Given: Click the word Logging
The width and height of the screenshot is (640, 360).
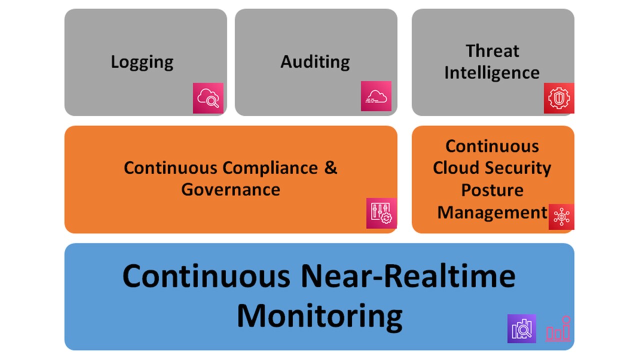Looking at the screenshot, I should tap(142, 62).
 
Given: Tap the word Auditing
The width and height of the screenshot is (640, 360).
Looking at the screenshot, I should tap(315, 62).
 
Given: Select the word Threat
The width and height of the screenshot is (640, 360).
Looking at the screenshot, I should tap(492, 51).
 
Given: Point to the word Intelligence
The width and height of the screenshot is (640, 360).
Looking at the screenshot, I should tap(492, 73).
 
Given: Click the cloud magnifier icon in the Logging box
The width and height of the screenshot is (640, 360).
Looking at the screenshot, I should tap(208, 98).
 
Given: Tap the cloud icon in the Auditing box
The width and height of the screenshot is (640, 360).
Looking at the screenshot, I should tap(376, 96).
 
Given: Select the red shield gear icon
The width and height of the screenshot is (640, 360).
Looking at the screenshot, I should tap(559, 98).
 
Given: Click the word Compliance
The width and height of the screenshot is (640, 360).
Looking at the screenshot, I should tap(270, 167).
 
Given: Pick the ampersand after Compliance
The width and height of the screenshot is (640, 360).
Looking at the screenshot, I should tap(330, 167).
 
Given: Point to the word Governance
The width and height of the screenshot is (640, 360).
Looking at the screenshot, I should tap(230, 189).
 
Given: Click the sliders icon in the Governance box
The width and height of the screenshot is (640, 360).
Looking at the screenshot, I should tap(381, 213).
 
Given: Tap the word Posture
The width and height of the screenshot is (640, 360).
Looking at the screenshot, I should tap(492, 190).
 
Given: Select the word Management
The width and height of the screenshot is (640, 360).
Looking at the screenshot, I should tap(492, 212).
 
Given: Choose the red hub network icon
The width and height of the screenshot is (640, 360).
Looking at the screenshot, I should tap(561, 217).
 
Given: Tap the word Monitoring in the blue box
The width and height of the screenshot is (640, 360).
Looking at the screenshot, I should tap(319, 315).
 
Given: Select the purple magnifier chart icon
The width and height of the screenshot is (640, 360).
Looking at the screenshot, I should tap(521, 328).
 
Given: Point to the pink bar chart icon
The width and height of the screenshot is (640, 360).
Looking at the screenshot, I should tap(558, 329).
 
